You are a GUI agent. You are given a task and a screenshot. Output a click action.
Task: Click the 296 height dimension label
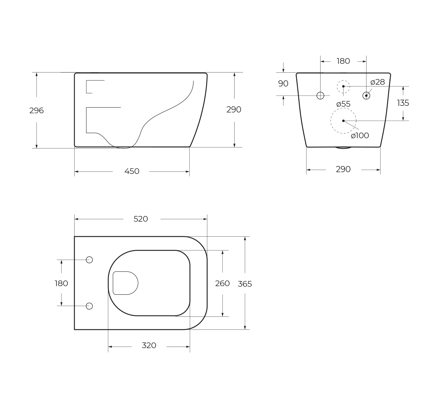tap(37, 110)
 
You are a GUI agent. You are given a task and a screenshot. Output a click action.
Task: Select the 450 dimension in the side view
tap(132, 171)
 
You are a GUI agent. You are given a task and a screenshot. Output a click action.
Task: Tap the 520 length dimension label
tap(141, 219)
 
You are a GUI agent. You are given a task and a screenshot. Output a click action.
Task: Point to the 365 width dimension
tap(245, 284)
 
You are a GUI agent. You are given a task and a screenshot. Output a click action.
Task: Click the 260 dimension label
tap(222, 283)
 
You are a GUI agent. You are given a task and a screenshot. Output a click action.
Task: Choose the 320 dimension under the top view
tap(149, 345)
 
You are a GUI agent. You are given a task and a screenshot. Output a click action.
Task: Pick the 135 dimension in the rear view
tap(403, 103)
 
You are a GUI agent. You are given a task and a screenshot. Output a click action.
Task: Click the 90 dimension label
tap(283, 83)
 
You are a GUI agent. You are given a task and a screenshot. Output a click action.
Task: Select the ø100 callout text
tap(360, 135)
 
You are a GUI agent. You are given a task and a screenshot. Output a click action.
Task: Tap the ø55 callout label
tap(343, 104)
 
